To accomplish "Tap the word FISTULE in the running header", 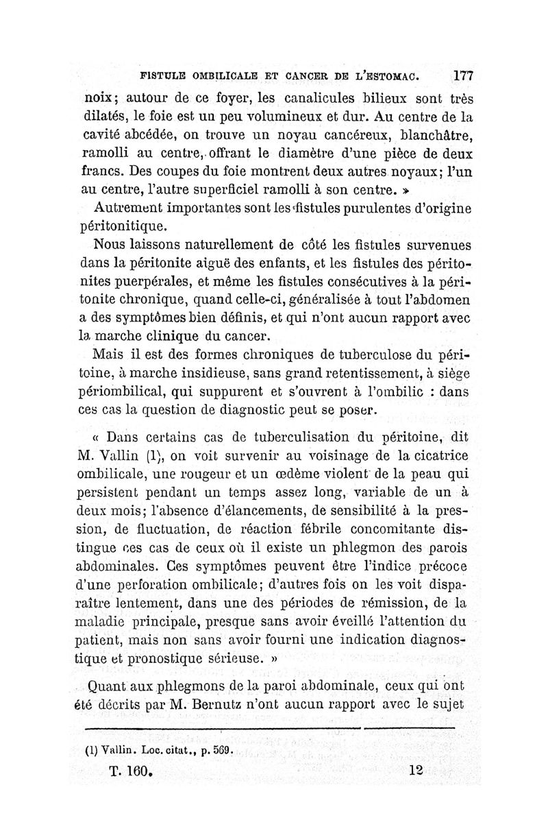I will (164, 75).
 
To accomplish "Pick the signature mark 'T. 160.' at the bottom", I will (129, 771).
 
